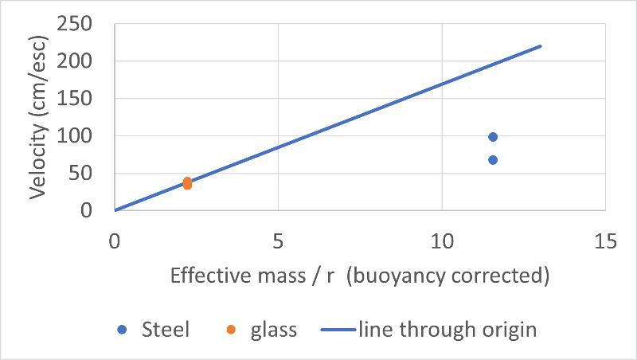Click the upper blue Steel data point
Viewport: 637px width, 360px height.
coord(493,137)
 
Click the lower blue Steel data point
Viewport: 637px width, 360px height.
coord(493,160)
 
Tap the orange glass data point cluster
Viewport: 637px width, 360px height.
coord(187,183)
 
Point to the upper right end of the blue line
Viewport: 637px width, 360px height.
coord(541,46)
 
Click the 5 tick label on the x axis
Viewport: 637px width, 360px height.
coord(278,241)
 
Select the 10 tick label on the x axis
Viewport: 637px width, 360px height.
coord(441,241)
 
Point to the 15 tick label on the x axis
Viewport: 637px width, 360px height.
coord(605,241)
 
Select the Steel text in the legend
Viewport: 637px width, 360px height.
coord(165,330)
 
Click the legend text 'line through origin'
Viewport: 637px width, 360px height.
coord(447,330)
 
